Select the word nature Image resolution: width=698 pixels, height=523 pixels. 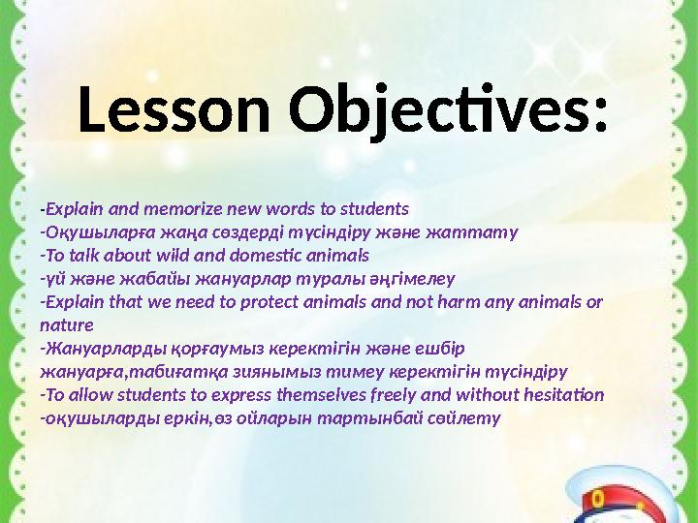click(67, 324)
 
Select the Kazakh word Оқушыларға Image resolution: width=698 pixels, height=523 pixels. click(88, 232)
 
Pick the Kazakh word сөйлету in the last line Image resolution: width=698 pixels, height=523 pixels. click(469, 418)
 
